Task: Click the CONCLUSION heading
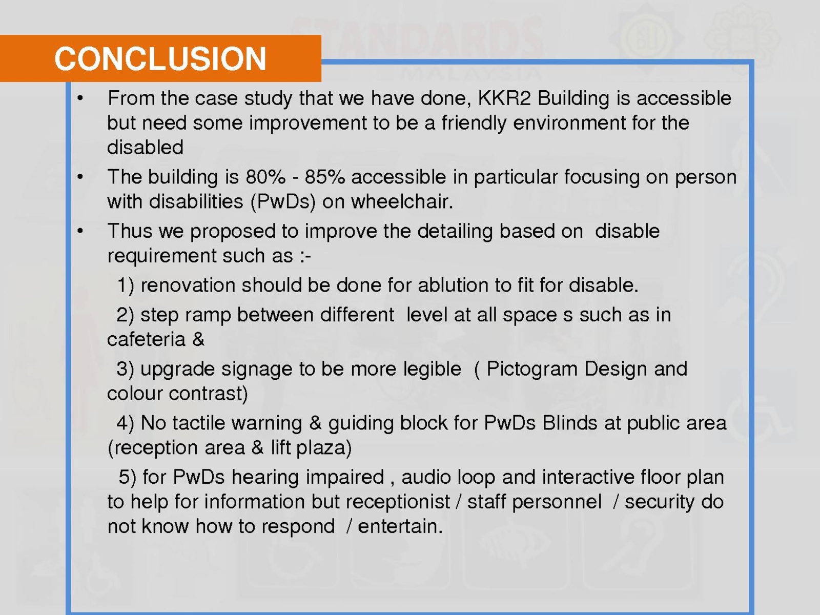tap(160, 58)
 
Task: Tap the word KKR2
tap(504, 98)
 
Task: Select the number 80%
tap(265, 177)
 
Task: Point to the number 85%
tap(324, 177)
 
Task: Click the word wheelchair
tap(402, 201)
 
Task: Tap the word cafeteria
tap(146, 339)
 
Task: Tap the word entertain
tap(400, 526)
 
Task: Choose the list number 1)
tap(126, 286)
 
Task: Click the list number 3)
tap(125, 370)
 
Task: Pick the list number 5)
tap(128, 478)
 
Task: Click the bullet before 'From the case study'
tap(80, 99)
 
